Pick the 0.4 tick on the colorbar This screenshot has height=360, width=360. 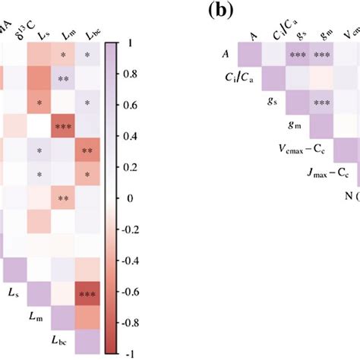coord(131,137)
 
